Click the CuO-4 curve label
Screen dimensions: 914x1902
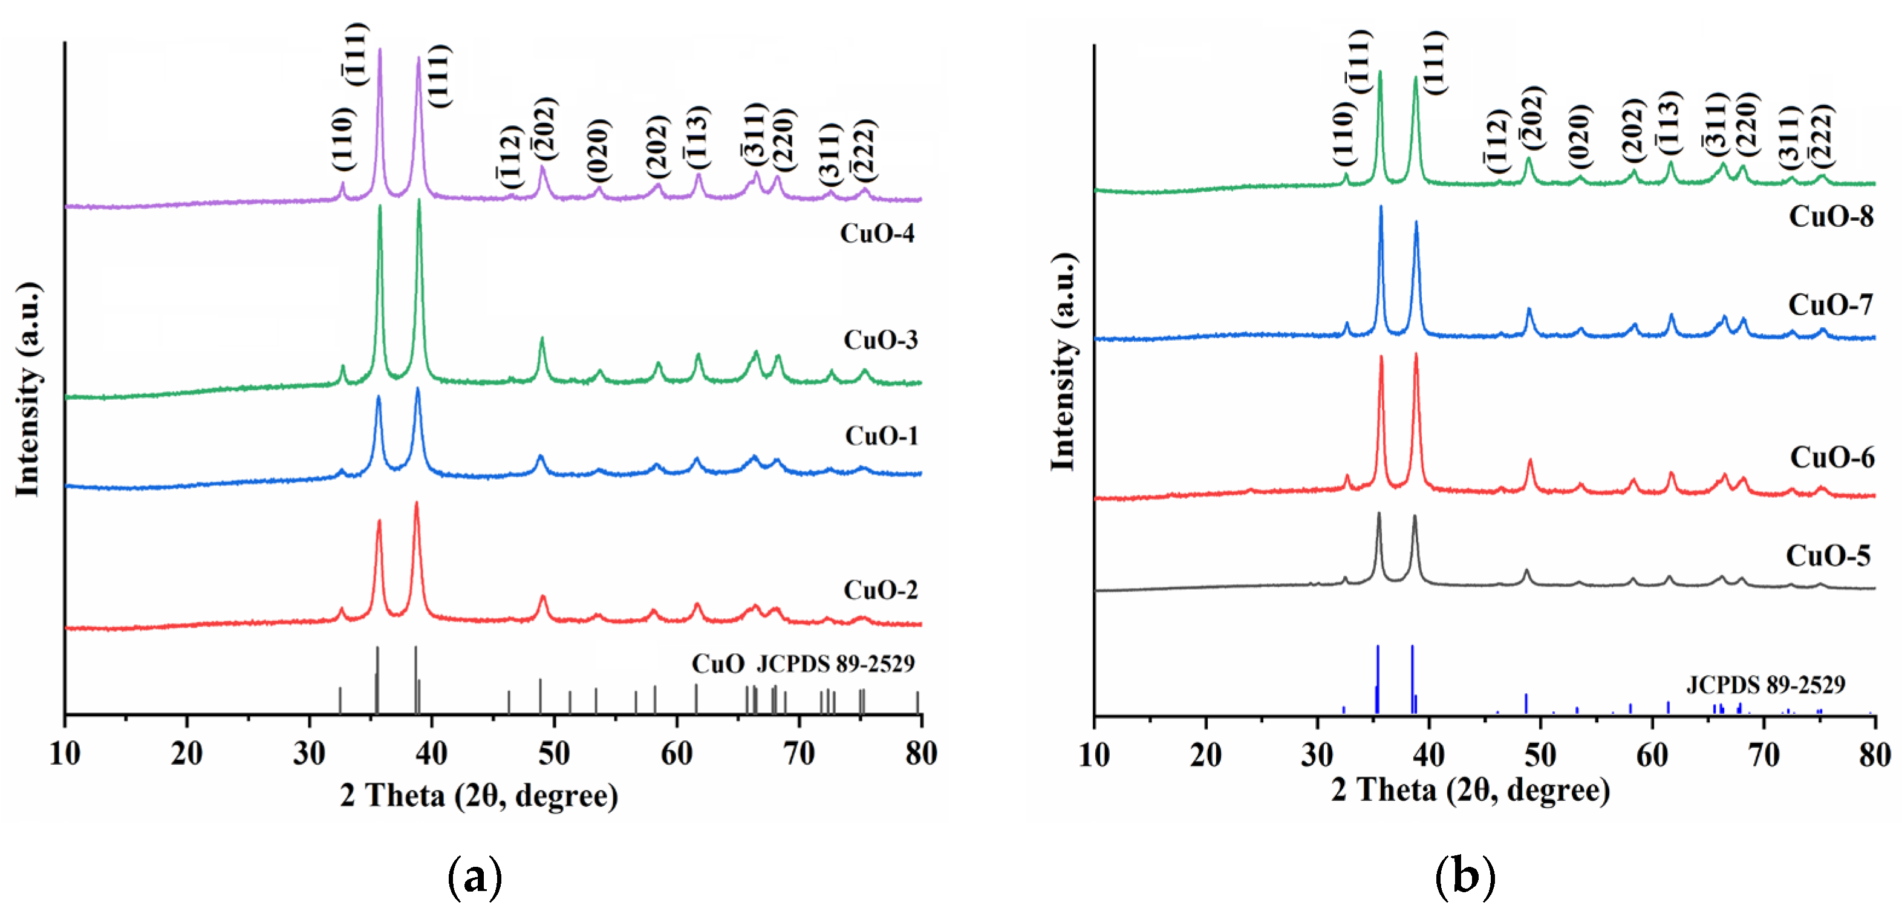pyautogui.click(x=877, y=233)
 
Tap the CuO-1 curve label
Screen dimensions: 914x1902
pyautogui.click(x=882, y=436)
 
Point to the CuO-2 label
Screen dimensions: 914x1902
pyautogui.click(x=880, y=590)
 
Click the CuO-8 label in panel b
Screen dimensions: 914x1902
pyautogui.click(x=1831, y=217)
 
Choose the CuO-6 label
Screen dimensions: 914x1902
pyautogui.click(x=1831, y=458)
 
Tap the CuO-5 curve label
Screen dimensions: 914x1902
pyautogui.click(x=1828, y=555)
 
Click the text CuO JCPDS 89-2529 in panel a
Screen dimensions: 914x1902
pyautogui.click(x=803, y=664)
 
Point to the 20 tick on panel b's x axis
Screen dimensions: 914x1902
pyautogui.click(x=1206, y=754)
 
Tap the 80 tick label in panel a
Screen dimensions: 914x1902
pyautogui.click(x=920, y=754)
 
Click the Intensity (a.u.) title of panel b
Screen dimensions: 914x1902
pyautogui.click(x=1063, y=362)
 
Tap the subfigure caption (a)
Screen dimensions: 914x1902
pyautogui.click(x=475, y=877)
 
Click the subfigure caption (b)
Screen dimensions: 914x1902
pyautogui.click(x=1465, y=877)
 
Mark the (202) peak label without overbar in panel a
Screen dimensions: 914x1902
pyautogui.click(x=657, y=146)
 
